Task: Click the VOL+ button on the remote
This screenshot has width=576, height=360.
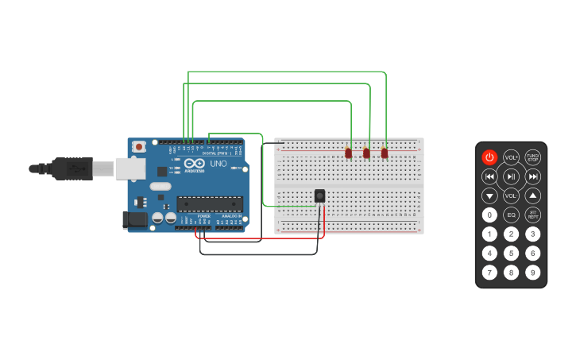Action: tap(511, 157)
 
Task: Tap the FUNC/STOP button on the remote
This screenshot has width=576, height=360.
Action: tap(532, 157)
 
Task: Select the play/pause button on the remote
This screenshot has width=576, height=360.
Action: tap(511, 176)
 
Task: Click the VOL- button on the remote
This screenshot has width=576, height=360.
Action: tap(511, 195)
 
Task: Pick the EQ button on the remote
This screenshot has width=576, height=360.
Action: tap(511, 215)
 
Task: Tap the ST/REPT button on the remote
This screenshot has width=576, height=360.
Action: tap(532, 215)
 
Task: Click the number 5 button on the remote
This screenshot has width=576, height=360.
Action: tap(511, 254)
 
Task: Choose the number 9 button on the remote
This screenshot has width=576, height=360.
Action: tap(532, 273)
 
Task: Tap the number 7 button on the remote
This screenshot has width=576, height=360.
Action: tap(489, 273)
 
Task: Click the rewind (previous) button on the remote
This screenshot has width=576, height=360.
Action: tap(489, 176)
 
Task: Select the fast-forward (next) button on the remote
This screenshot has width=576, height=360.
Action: tap(532, 176)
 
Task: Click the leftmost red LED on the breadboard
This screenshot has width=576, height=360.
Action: tap(348, 153)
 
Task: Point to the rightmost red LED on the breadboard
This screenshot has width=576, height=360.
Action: tap(385, 153)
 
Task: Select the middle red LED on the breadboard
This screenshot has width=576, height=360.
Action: tap(366, 153)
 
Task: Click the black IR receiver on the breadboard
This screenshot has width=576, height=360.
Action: tap(319, 195)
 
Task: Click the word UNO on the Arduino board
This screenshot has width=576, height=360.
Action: tap(218, 164)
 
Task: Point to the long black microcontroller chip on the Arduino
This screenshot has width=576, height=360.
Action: tap(209, 204)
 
